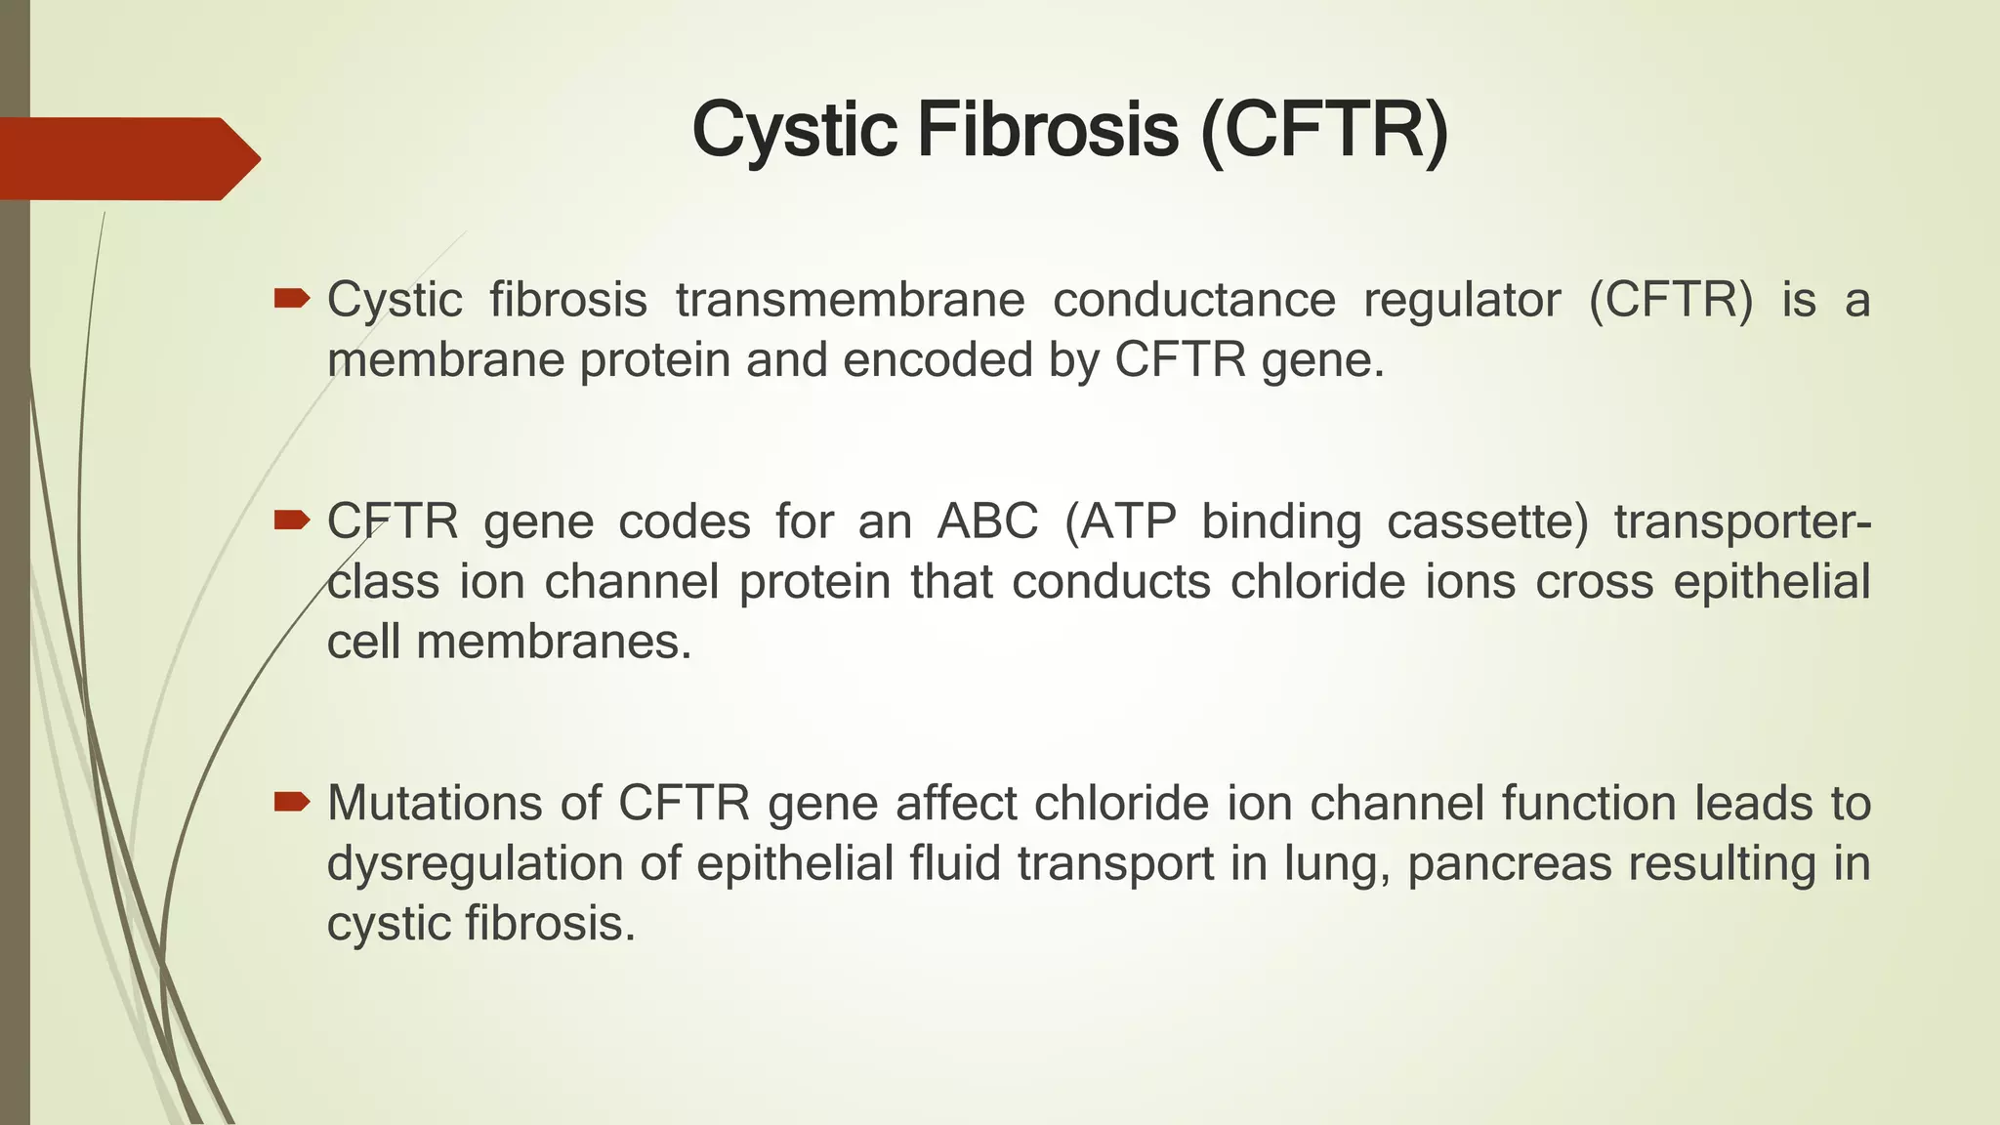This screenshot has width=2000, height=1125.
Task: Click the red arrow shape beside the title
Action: point(127,158)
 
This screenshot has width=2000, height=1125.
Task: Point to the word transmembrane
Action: point(850,300)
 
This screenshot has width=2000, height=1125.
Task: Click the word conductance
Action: point(1193,300)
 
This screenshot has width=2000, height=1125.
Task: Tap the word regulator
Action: point(1461,300)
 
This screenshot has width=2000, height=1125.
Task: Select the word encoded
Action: point(937,360)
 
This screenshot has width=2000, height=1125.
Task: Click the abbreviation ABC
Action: point(986,521)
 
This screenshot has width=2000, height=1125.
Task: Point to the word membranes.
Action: point(554,643)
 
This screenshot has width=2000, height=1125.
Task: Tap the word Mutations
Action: point(434,804)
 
